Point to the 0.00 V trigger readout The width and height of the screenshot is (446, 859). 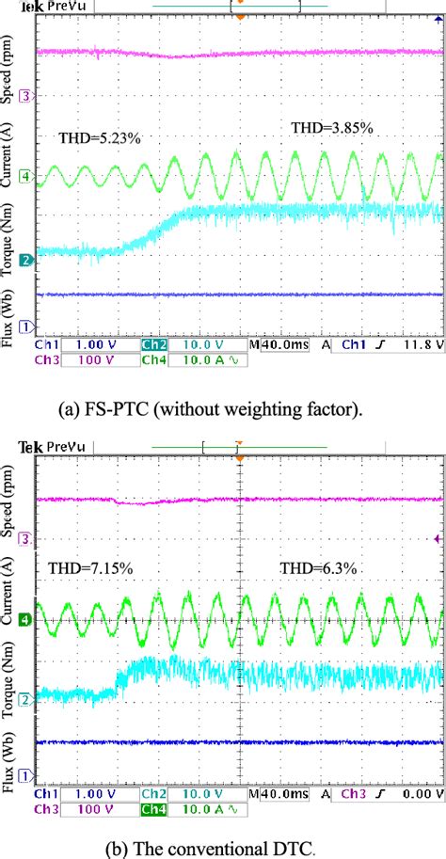421,794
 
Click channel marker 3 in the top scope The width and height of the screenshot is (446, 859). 27,96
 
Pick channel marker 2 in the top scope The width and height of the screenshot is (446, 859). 27,256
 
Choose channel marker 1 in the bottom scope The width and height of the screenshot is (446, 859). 27,773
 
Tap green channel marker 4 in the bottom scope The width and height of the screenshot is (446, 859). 27,619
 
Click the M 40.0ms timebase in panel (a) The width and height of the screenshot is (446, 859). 278,345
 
